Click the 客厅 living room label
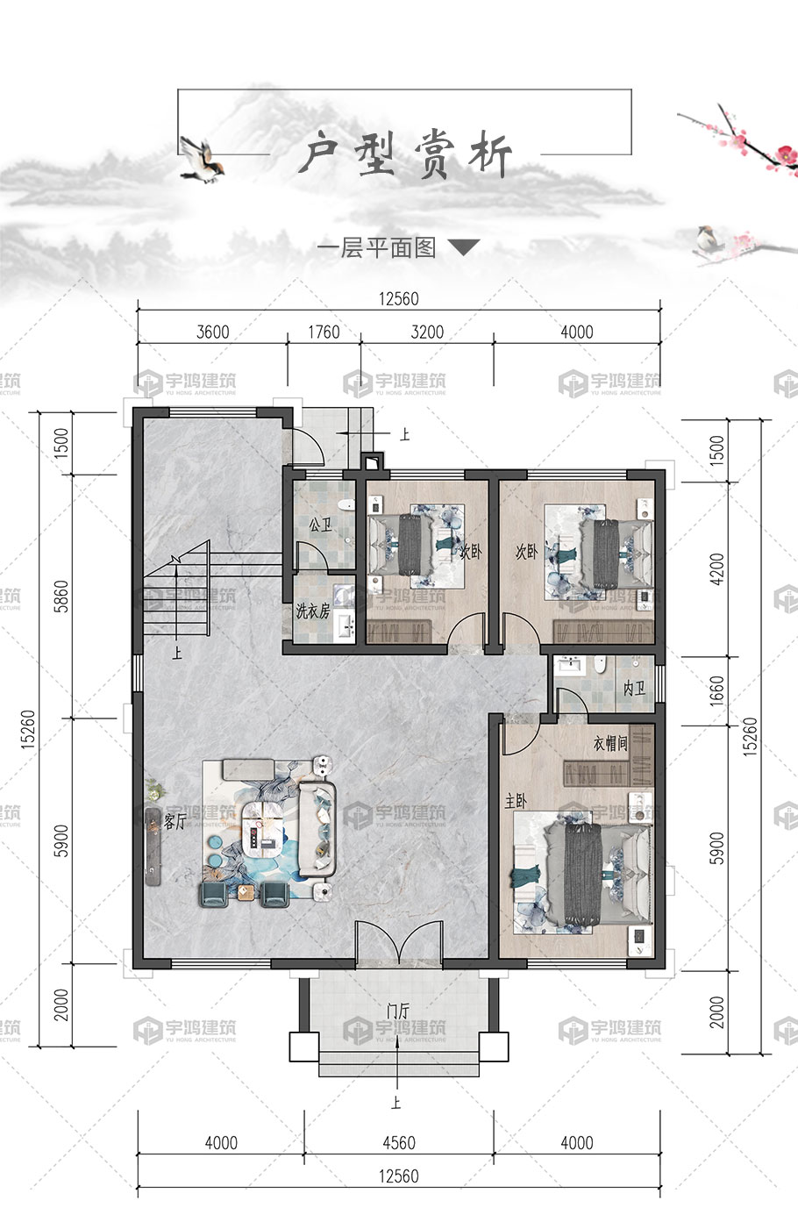point(175,822)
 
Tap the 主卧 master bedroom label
point(516,802)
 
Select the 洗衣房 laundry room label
point(313,611)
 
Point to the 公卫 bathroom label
point(320,525)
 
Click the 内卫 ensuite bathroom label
point(634,689)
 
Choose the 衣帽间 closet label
point(610,743)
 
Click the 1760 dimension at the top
point(324,332)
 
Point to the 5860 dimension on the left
point(62,597)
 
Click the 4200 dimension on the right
point(717,569)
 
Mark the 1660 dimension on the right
point(717,690)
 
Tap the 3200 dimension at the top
point(427,332)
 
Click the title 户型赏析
point(406,155)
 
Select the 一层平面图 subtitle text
point(377,249)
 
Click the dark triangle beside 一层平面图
point(463,247)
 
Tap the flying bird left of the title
point(202,160)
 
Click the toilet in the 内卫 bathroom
point(598,664)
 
